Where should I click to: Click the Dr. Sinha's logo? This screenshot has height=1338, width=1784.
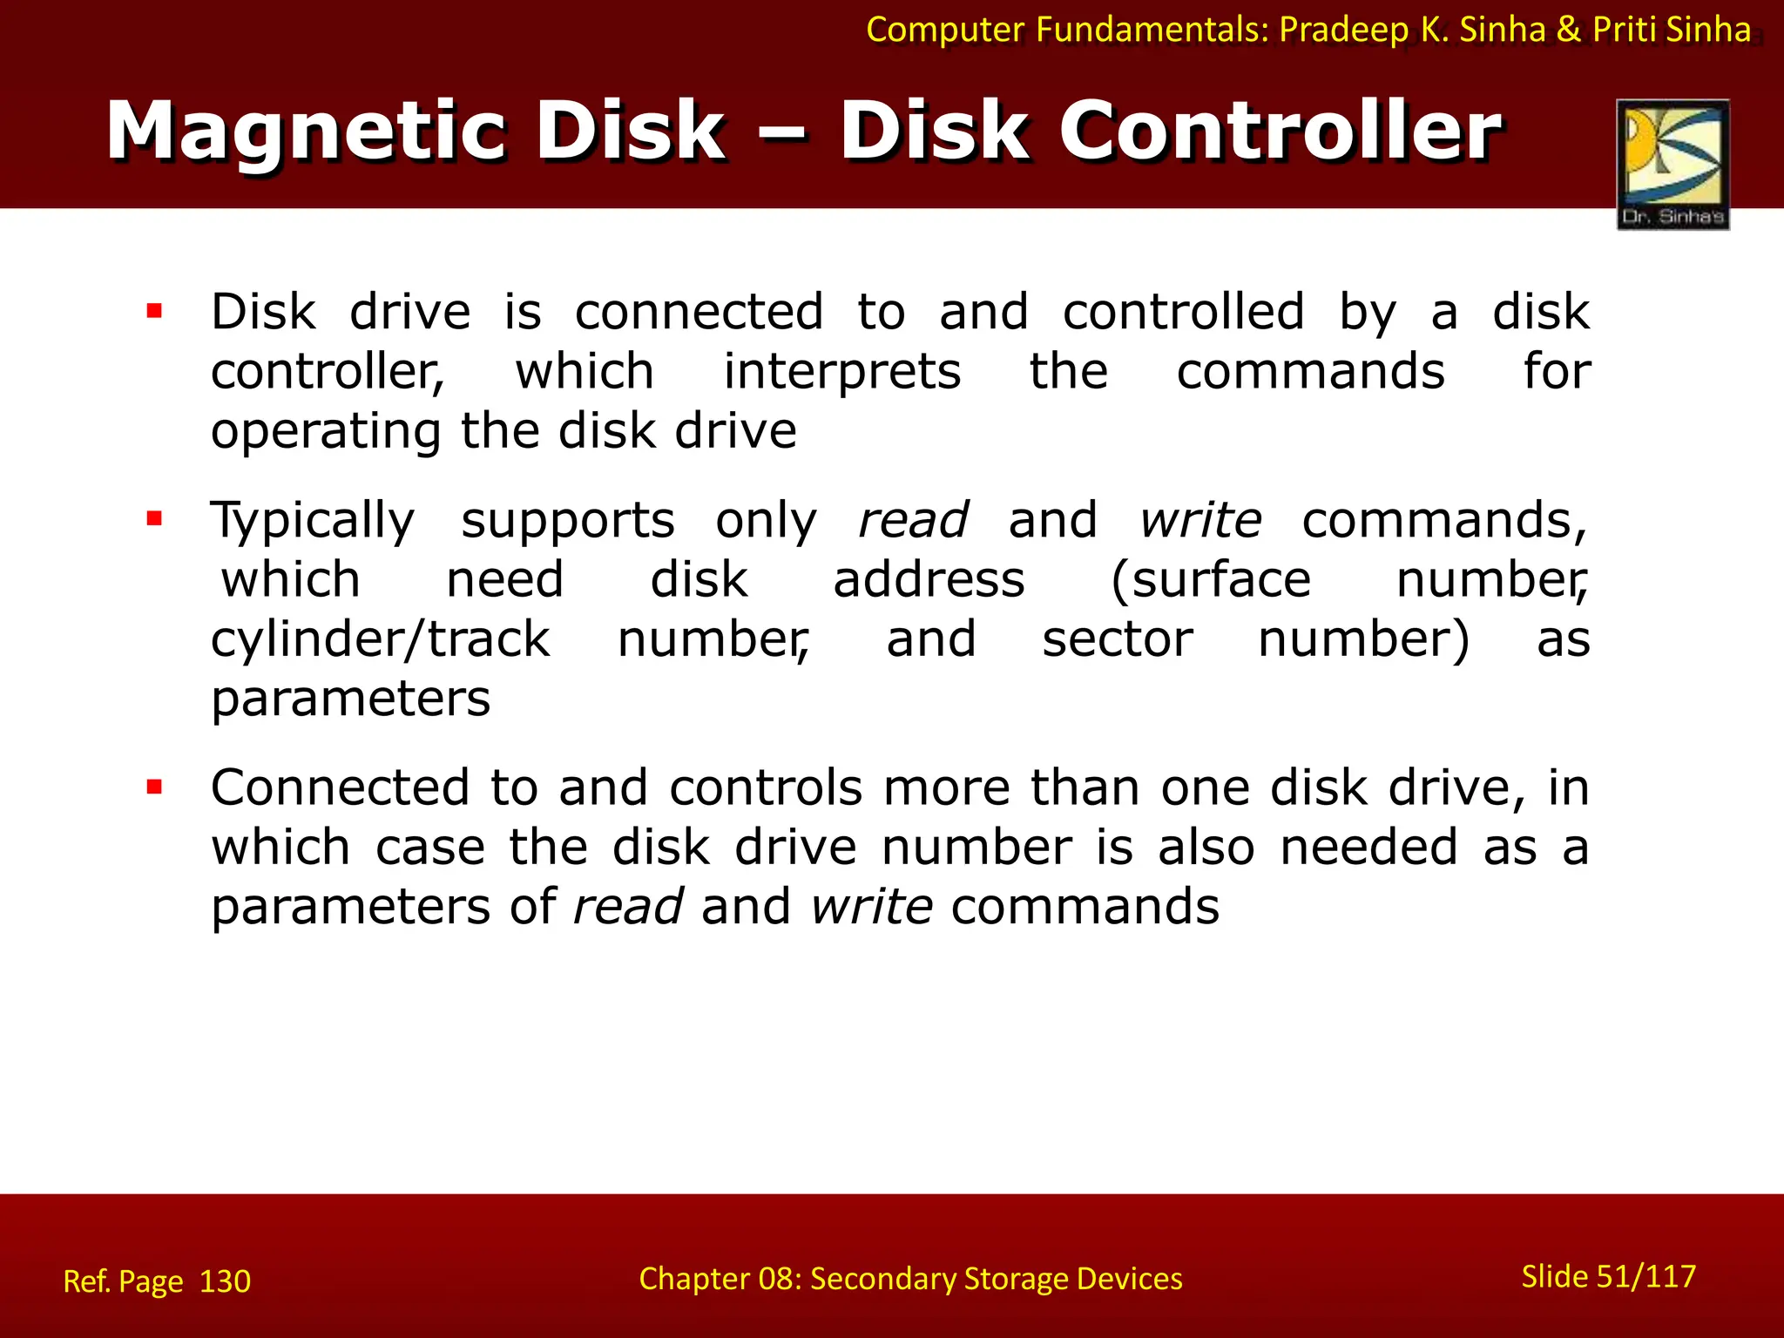[x=1672, y=164]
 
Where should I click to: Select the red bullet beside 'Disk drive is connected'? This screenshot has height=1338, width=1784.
[x=155, y=311]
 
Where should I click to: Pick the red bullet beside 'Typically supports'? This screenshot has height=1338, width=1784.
[x=155, y=519]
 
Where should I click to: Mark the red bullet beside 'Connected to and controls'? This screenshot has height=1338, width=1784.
[x=155, y=787]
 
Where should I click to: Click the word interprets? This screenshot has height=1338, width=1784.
[x=841, y=372]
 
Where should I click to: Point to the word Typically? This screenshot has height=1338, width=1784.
[x=313, y=521]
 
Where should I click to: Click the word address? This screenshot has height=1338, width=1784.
[x=929, y=580]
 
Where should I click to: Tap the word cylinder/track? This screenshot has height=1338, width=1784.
[x=380, y=639]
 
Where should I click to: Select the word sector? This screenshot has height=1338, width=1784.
[x=1117, y=639]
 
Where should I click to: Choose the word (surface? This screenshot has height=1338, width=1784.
[x=1211, y=580]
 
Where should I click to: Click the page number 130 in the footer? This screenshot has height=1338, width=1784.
[x=225, y=1281]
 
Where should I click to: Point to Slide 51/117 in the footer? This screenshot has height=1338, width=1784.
[x=1608, y=1276]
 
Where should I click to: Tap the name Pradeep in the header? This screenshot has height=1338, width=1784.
[x=1343, y=30]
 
